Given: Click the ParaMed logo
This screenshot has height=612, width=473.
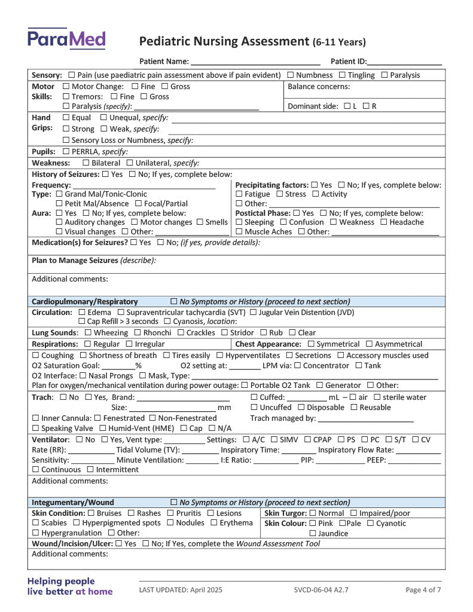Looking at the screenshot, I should coord(66,39).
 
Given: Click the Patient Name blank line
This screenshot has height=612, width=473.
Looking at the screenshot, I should coord(255,62).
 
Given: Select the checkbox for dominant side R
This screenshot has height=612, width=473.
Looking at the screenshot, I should coord(366,106).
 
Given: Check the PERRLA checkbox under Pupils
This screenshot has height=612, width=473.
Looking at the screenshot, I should coord(66,152).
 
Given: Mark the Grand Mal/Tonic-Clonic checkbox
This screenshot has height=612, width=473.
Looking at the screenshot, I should coord(59,194).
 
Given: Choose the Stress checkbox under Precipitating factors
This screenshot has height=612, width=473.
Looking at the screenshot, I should coord(280,194).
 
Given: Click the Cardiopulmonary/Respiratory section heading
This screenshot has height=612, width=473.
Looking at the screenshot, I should coord(84,302).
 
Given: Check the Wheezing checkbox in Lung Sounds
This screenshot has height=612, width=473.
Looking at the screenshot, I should coord(89,333).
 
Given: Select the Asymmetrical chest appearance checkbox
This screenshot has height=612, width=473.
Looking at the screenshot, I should coord(370,344).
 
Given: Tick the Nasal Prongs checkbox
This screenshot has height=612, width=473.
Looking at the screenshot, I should coord(83,376).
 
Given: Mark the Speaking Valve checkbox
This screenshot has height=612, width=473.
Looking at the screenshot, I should coord(35,429).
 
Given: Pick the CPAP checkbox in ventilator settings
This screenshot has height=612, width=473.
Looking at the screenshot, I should coord(309,440).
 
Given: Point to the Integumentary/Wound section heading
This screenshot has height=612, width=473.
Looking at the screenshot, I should coord(72,503).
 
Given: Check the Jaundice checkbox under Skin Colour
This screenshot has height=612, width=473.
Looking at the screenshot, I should coord(313,534).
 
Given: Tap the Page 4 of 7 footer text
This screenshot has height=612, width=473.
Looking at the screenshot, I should coord(423,590).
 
